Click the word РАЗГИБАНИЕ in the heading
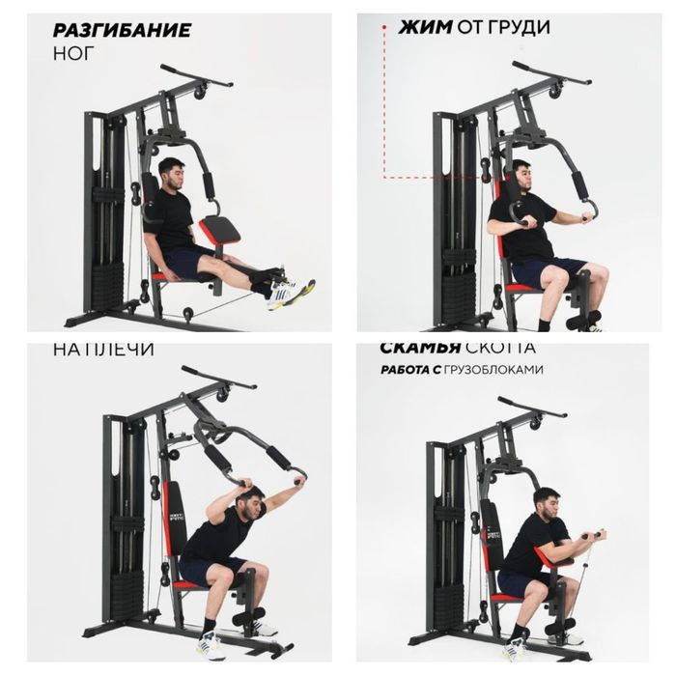click(121, 31)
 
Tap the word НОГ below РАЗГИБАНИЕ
click(73, 54)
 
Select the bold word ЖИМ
click(425, 28)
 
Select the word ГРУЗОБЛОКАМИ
click(496, 370)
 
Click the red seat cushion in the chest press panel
click(522, 287)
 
